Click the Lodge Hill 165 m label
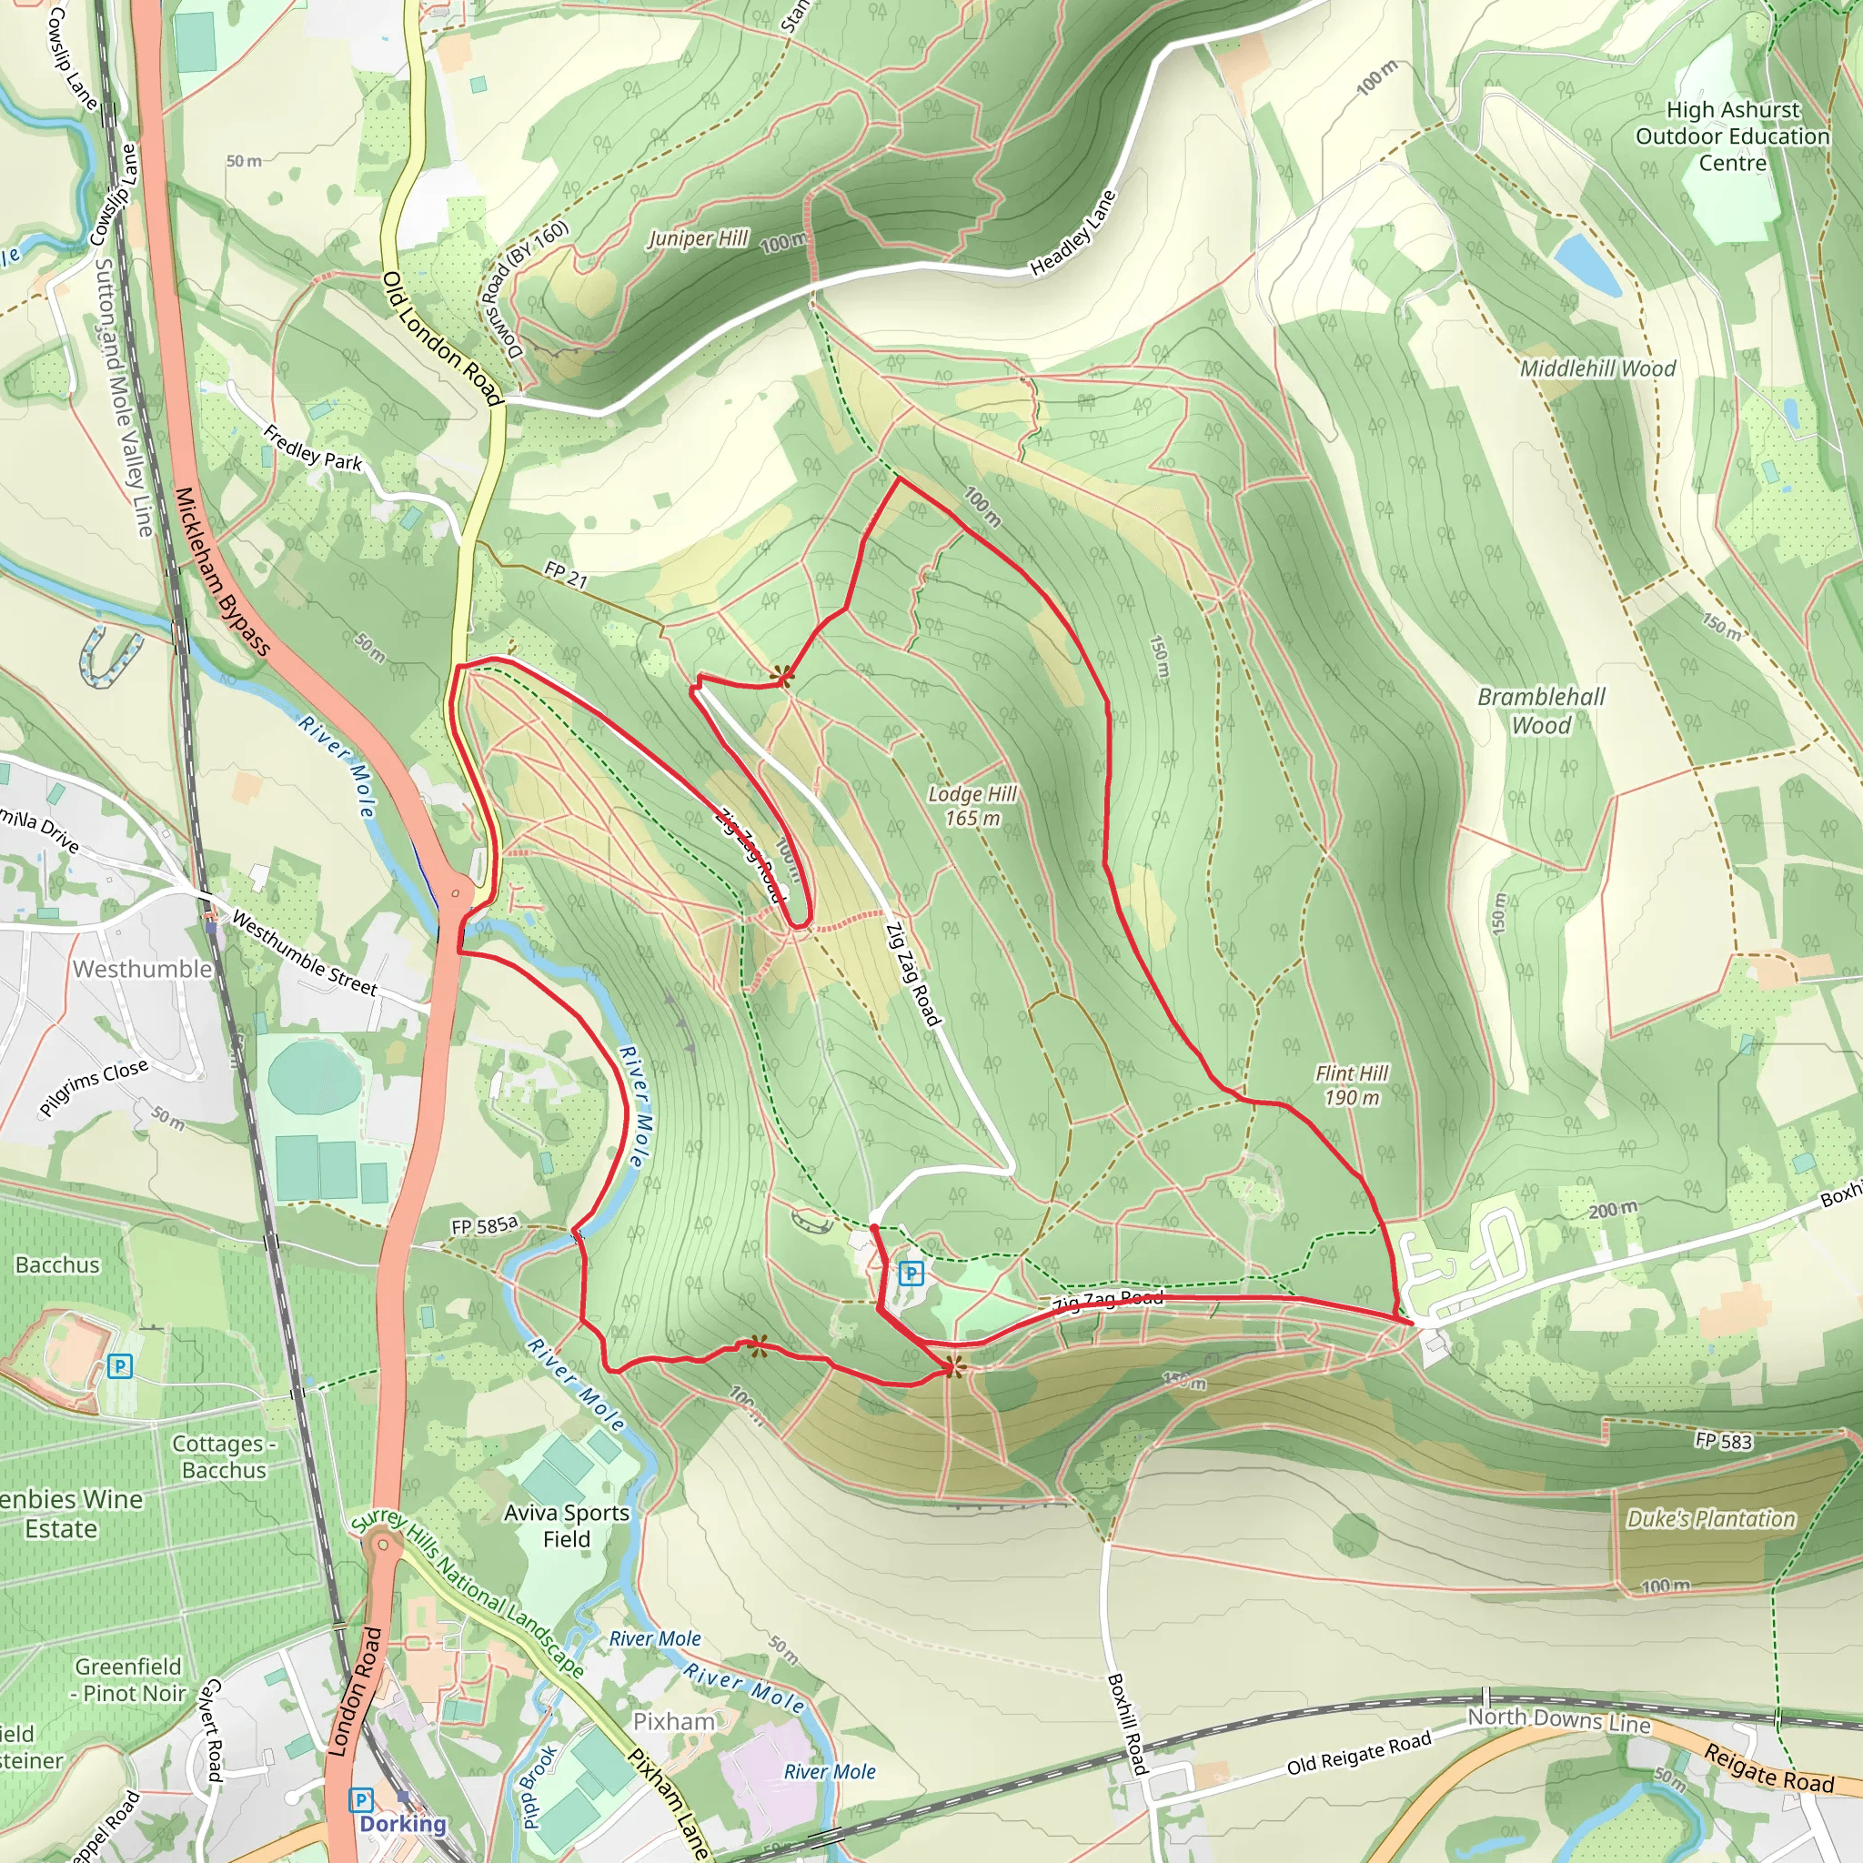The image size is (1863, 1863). pos(972,806)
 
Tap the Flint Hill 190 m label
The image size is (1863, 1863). pos(1352,1085)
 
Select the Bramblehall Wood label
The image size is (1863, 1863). pos(1541,710)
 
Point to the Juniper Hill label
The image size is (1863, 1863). pos(697,238)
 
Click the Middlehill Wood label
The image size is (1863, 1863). pos(1597,368)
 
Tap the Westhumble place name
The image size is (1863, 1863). pos(142,968)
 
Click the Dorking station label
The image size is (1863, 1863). pos(402,1824)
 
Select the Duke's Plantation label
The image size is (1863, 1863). pos(1711,1520)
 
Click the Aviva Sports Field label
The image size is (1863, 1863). pos(566,1526)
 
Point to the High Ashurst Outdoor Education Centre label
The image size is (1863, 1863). pos(1732,136)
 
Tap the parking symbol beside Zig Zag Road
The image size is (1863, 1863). pos(911,1274)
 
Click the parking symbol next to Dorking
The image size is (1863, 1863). pos(360,1799)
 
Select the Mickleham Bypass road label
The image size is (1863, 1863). pos(222,571)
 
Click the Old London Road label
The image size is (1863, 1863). pos(443,338)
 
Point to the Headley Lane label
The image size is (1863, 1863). pos(1072,234)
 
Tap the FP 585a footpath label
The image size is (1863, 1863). pos(484,1225)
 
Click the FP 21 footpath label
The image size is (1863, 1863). pos(565,575)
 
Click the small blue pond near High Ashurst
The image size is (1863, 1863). pos(1587,263)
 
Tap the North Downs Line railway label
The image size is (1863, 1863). pos(1558,1719)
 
